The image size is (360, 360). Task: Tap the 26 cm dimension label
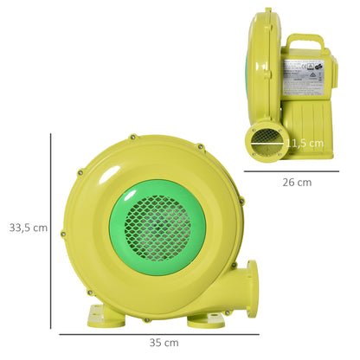click(297, 183)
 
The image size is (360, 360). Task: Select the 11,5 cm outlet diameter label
click(304, 143)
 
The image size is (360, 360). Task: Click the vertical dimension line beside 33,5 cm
click(52, 227)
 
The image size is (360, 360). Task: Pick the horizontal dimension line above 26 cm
click(297, 172)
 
